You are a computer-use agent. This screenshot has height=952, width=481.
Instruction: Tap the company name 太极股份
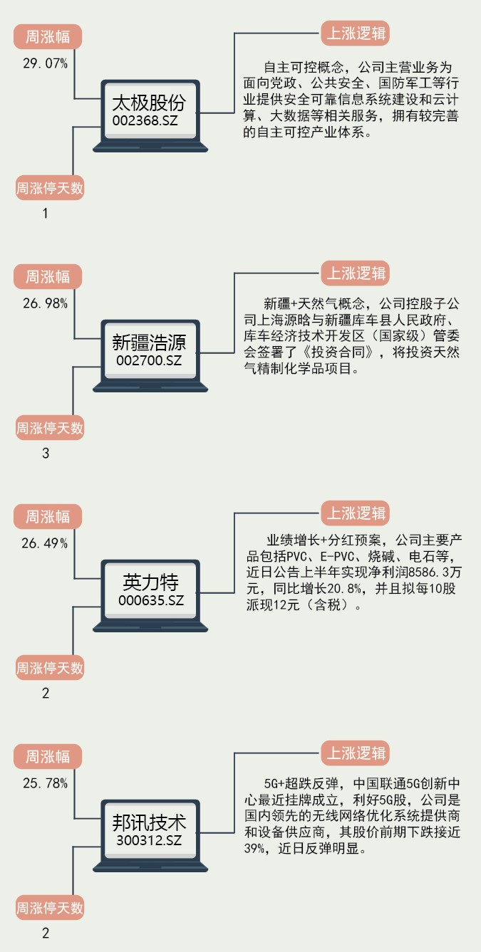pyautogui.click(x=150, y=103)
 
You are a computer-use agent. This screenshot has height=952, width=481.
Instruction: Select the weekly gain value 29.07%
pyautogui.click(x=45, y=64)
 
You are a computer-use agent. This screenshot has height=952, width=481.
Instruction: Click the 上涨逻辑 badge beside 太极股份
pyautogui.click(x=356, y=33)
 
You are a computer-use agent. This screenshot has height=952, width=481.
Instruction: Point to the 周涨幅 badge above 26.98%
pyautogui.click(x=48, y=276)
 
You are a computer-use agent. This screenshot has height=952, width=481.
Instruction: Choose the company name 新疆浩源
pyautogui.click(x=150, y=342)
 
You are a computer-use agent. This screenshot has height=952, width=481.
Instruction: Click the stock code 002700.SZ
pyautogui.click(x=150, y=360)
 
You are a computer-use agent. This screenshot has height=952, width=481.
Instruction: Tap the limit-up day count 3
pyautogui.click(x=46, y=453)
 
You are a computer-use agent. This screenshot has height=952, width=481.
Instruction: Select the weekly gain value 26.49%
pyautogui.click(x=45, y=543)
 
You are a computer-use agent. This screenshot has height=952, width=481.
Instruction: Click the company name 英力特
pyautogui.click(x=150, y=582)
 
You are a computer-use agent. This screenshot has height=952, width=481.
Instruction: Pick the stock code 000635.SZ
pyautogui.click(x=150, y=600)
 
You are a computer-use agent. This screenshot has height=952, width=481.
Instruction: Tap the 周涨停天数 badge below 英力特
pyautogui.click(x=50, y=668)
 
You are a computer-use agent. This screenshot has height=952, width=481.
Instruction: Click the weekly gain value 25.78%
pyautogui.click(x=45, y=783)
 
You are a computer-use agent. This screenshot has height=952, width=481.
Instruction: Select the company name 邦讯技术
pyautogui.click(x=150, y=823)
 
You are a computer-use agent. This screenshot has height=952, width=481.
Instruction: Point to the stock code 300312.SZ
pyautogui.click(x=150, y=841)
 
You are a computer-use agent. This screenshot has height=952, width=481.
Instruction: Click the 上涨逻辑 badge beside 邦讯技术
pyautogui.click(x=356, y=753)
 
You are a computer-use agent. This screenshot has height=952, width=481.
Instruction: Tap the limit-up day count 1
pyautogui.click(x=46, y=213)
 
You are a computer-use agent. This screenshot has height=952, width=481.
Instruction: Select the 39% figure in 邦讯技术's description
pyautogui.click(x=254, y=849)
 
